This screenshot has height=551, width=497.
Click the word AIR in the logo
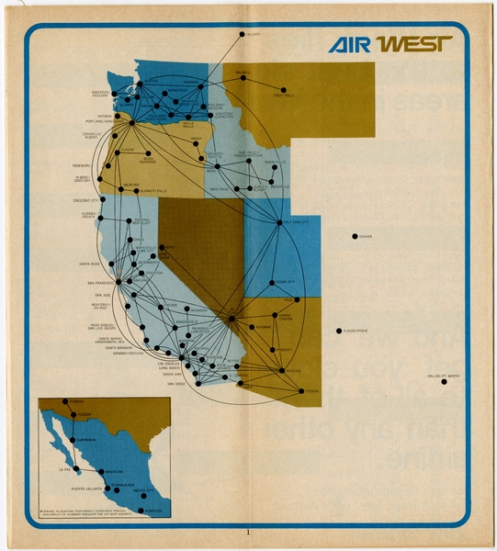pyautogui.click(x=348, y=45)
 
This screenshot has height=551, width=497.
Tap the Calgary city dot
pyautogui.click(x=243, y=35)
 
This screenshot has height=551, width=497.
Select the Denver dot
pyautogui.click(x=355, y=237)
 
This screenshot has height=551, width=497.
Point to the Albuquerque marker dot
pyautogui.click(x=340, y=331)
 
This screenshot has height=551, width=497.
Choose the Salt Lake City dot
pyautogui.click(x=279, y=222)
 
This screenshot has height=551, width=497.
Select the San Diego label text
pyautogui.click(x=175, y=384)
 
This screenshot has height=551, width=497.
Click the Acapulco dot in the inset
pyautogui.click(x=141, y=512)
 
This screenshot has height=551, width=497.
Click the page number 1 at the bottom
pyautogui.click(x=248, y=532)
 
